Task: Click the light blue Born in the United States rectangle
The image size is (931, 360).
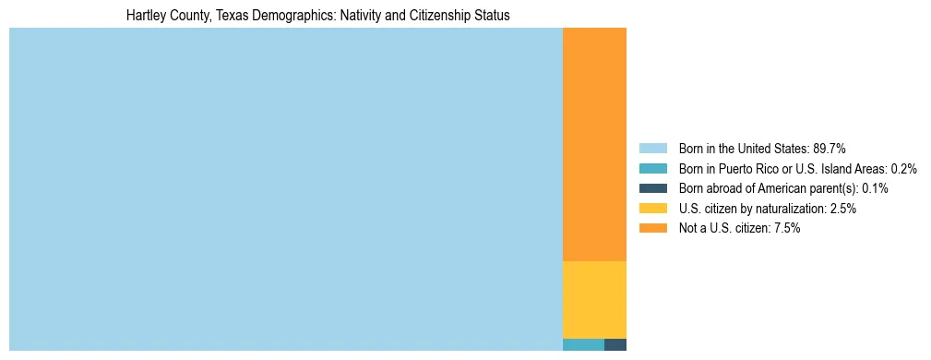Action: click(x=285, y=189)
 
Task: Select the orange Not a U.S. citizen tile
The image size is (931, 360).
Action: click(x=594, y=145)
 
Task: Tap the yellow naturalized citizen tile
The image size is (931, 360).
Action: click(x=594, y=300)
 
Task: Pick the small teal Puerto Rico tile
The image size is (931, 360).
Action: click(x=583, y=345)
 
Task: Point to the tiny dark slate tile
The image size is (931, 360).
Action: click(x=615, y=345)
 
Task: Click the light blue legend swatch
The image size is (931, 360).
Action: click(x=652, y=149)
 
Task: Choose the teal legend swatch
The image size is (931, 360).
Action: click(x=652, y=169)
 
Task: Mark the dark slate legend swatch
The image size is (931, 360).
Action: click(x=652, y=188)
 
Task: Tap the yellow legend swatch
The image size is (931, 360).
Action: click(x=652, y=209)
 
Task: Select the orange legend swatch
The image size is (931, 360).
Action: click(x=652, y=229)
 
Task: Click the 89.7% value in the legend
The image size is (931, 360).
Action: click(x=830, y=149)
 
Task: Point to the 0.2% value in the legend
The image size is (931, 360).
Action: click(x=903, y=169)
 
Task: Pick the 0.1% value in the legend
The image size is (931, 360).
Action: click(x=875, y=188)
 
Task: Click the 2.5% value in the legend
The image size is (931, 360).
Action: click(x=842, y=209)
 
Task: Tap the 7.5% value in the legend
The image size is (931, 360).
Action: click(x=786, y=229)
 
